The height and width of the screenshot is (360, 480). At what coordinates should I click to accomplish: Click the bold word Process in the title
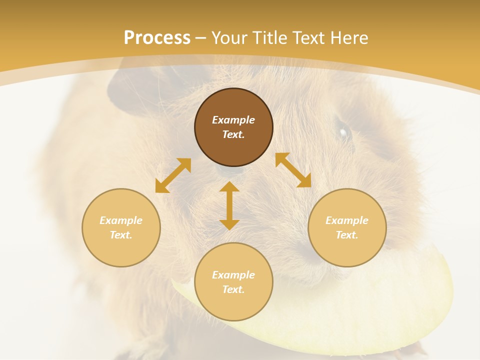(157, 38)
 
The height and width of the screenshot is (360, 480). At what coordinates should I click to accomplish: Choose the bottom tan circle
(233, 305)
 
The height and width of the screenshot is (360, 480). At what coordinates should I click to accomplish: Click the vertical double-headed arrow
(229, 205)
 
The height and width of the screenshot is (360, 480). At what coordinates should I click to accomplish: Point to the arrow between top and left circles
(173, 175)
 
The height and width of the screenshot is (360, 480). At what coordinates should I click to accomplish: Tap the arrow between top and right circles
(293, 170)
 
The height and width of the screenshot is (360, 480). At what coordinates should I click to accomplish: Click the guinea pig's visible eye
(343, 132)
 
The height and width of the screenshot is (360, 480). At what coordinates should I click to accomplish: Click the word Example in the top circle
(233, 120)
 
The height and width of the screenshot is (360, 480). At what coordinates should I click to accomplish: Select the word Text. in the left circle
(121, 235)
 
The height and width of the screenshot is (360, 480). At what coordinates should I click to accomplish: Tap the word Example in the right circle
(347, 220)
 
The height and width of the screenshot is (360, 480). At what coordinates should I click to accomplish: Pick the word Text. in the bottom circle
(233, 289)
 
